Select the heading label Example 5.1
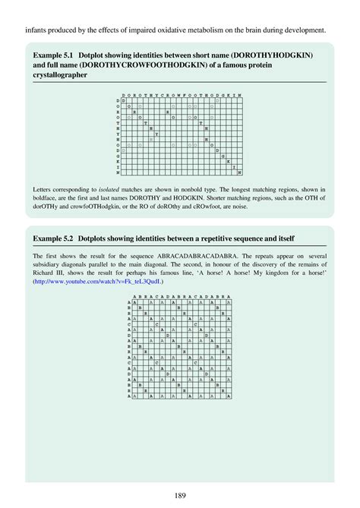tap(54, 57)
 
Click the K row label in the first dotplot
tap(118, 161)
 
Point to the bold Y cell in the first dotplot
tap(156, 134)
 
